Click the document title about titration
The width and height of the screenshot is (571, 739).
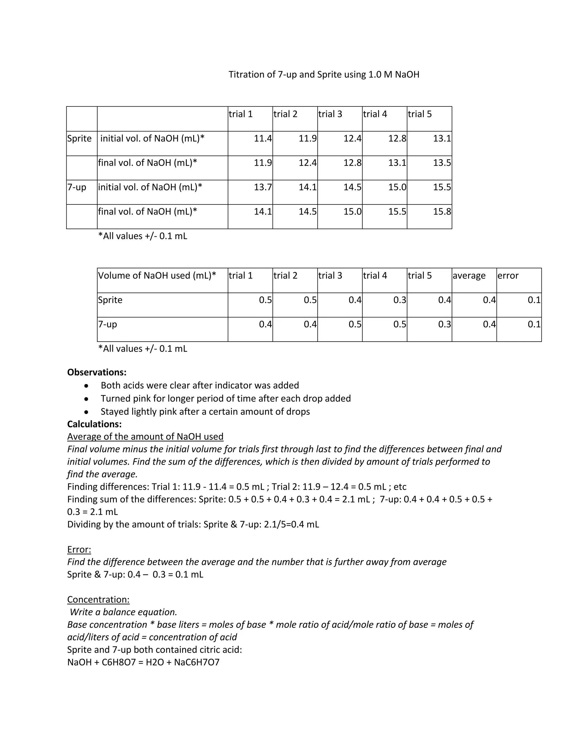[324, 74]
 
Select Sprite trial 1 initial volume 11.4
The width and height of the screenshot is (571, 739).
[263, 138]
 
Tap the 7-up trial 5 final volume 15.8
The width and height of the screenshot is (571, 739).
[442, 211]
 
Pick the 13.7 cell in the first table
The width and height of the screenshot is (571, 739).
[263, 187]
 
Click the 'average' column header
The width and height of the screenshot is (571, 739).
[469, 276]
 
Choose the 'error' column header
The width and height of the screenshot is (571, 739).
[508, 276]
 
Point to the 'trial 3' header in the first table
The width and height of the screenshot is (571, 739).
[330, 114]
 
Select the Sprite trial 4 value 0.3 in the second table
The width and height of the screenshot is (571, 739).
[400, 300]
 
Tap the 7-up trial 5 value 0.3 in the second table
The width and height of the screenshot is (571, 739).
[444, 324]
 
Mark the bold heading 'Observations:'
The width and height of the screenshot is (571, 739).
[97, 372]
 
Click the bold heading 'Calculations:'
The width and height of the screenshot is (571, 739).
[95, 424]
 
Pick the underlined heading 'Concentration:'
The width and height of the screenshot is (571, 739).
[98, 599]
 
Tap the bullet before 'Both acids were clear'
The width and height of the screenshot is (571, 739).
[87, 386]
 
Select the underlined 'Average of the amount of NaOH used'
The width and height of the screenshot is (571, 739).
[145, 436]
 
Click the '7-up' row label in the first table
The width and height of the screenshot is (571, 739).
[77, 187]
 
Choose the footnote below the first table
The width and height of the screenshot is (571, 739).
[142, 236]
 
